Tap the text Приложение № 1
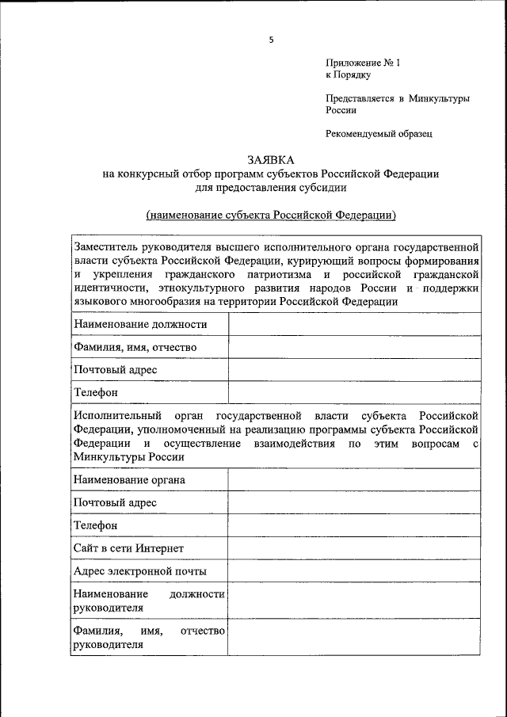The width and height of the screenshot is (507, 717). point(356,63)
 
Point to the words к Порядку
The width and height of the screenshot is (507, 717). point(348,74)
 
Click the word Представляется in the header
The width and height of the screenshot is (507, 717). point(360,98)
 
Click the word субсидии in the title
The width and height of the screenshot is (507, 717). point(320,188)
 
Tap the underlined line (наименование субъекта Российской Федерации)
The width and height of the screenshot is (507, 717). point(270,215)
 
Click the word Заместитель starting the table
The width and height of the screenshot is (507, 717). point(110,246)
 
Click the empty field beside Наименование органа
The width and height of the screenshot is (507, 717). point(354,480)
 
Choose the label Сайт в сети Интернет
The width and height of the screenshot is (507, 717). point(128,548)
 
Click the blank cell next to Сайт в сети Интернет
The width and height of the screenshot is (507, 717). point(354,548)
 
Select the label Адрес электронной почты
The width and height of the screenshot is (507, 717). point(139,571)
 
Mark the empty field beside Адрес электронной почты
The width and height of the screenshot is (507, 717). point(354,571)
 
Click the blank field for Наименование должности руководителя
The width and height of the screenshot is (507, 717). point(354,601)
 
